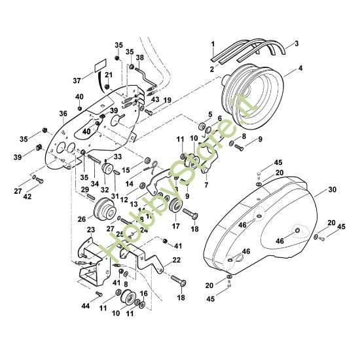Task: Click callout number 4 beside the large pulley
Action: [300, 69]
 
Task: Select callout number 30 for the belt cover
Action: [333, 190]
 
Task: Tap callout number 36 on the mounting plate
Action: [63, 113]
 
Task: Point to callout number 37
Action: [77, 81]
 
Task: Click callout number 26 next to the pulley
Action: [82, 219]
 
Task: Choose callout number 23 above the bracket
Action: [91, 230]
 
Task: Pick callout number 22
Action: [176, 260]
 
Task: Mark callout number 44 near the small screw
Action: [85, 306]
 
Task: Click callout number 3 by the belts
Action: [297, 43]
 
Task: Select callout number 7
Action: [206, 185]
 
